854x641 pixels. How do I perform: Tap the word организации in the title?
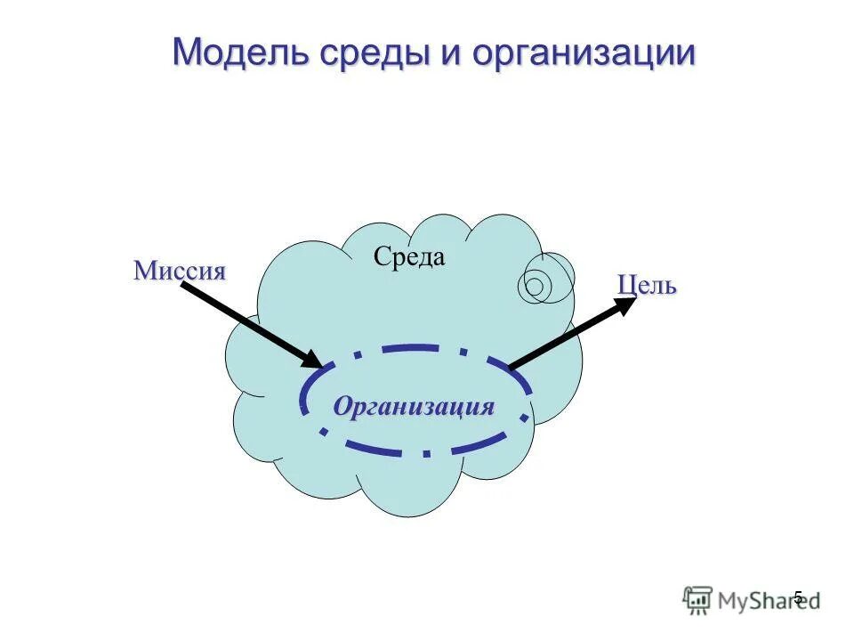pos(583,53)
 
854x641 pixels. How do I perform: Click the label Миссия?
pos(180,272)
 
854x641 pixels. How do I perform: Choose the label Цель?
pos(647,286)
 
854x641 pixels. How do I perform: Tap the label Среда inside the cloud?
pos(409,258)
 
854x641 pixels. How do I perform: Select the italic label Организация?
pos(414,407)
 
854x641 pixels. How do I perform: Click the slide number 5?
pos(798,597)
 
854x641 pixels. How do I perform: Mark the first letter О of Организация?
pos(342,407)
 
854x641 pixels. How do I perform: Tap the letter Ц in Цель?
pos(625,286)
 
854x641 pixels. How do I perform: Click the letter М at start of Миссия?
pos(144,272)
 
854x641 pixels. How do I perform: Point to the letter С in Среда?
pos(380,258)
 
